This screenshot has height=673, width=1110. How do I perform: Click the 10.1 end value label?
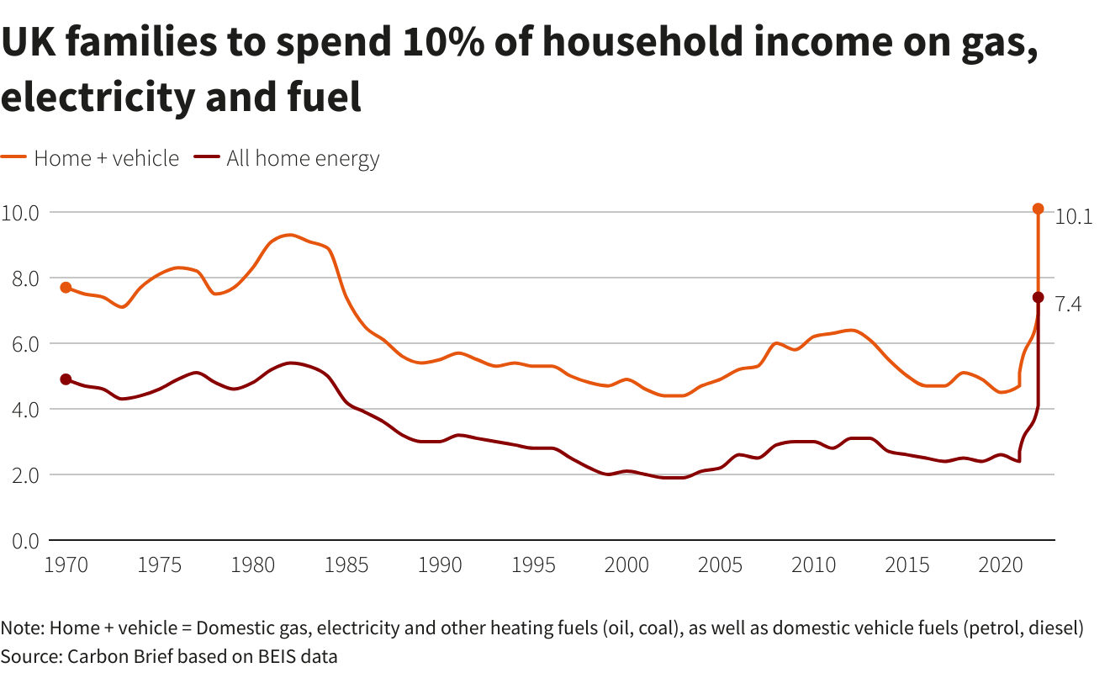click(x=1073, y=216)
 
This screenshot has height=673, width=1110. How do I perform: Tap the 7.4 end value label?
click(x=1068, y=305)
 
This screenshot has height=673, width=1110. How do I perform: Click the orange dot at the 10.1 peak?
click(x=1038, y=209)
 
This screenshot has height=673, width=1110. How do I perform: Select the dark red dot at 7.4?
click(x=1038, y=297)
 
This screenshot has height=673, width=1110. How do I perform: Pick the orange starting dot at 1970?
click(x=66, y=288)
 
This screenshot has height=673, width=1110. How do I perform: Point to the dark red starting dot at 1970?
click(x=66, y=379)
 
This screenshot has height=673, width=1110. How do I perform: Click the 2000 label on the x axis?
click(x=626, y=564)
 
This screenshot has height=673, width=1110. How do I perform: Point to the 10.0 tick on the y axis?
click(x=21, y=212)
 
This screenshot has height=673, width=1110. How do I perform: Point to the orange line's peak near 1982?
click(x=288, y=235)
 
